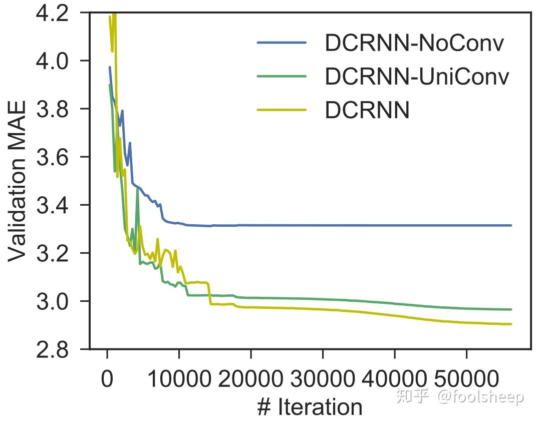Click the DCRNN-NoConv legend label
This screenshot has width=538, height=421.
[414, 44]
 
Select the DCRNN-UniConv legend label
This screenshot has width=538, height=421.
[417, 77]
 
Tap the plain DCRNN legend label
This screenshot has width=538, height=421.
[367, 110]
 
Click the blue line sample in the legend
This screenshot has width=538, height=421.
[282, 43]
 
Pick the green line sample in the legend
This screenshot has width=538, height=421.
[282, 76]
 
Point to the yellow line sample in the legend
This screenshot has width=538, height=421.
[282, 110]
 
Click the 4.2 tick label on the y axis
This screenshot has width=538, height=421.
[52, 14]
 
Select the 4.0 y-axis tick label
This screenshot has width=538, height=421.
[52, 61]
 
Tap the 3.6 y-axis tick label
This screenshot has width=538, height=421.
[52, 157]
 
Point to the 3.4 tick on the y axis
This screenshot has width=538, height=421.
[52, 205]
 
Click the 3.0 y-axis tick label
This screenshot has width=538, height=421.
[52, 301]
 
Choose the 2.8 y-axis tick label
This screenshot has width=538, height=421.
[52, 349]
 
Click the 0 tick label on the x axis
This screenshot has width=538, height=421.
[107, 379]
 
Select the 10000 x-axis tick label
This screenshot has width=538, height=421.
[179, 379]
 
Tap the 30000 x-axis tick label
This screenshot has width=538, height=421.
[323, 379]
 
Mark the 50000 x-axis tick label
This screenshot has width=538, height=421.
[466, 379]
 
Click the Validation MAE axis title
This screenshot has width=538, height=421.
[17, 181]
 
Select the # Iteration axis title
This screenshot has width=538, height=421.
[310, 407]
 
